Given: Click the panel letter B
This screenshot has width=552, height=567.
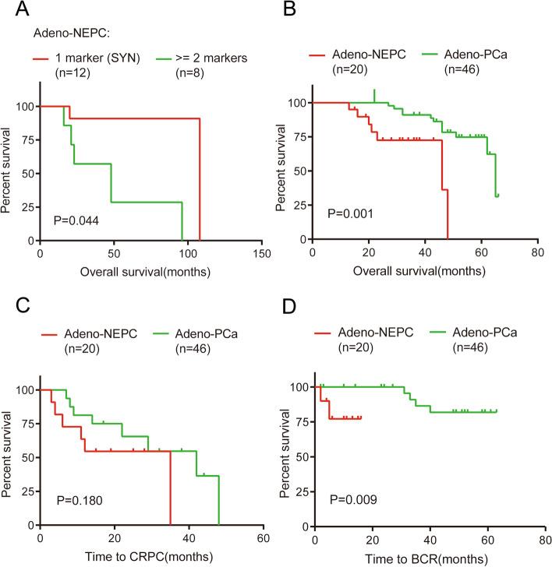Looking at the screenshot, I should [288, 10].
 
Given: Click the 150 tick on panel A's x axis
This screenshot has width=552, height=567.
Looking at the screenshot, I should [263, 254].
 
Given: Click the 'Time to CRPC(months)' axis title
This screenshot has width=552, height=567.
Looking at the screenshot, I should [149, 561].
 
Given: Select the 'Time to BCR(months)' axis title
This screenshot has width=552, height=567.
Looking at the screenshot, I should [423, 561].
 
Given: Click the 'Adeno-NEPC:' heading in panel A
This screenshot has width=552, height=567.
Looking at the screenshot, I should [67, 33].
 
